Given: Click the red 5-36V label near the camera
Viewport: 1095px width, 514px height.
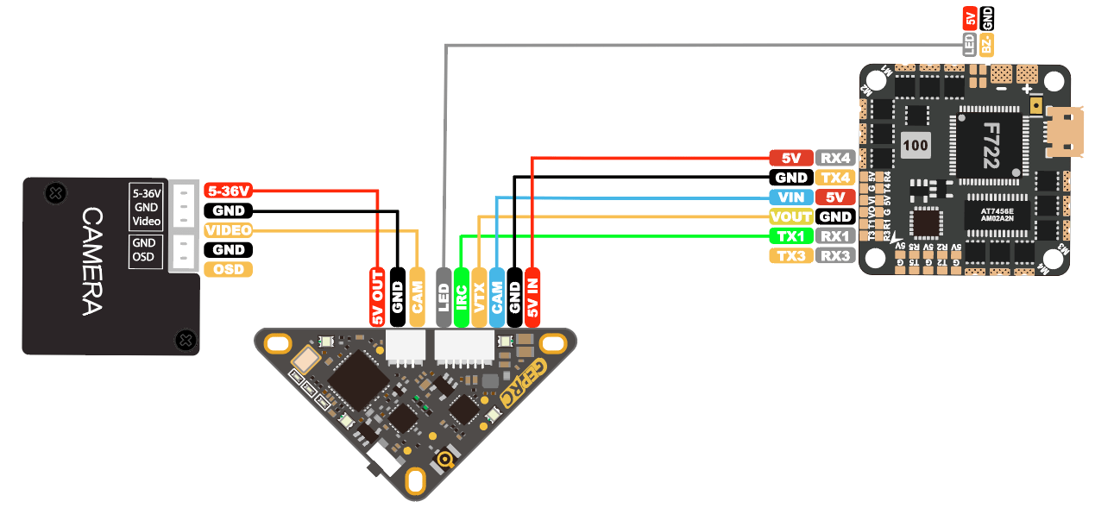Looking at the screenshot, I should point(229,191).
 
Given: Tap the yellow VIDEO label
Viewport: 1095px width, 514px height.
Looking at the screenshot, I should point(229,230).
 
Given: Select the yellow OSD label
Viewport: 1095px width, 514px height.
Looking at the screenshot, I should point(229,270).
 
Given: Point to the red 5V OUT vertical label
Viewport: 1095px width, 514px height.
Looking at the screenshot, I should point(377,297).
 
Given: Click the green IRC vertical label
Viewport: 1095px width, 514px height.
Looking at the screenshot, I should point(462,297).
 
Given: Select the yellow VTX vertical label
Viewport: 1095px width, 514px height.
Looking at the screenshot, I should point(479,297).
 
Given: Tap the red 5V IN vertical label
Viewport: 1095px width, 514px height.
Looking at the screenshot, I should point(532,297).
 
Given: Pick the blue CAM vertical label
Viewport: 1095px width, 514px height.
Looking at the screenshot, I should point(497,297).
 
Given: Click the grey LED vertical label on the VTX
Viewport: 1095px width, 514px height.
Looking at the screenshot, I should point(444,297).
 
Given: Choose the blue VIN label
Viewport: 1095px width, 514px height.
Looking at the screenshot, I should point(790,197).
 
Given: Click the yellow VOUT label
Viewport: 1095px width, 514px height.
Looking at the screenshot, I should point(790,216).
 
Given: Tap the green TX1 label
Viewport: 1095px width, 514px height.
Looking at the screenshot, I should point(790,236).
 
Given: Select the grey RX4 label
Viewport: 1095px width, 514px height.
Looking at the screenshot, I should point(835,158).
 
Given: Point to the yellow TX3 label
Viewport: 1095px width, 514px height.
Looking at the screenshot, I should point(790,256).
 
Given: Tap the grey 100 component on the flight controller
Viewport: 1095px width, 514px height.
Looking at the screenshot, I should point(916,145).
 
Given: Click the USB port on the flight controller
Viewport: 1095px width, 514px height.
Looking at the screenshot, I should point(1062,133).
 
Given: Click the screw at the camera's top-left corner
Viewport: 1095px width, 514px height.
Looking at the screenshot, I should point(54,193).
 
